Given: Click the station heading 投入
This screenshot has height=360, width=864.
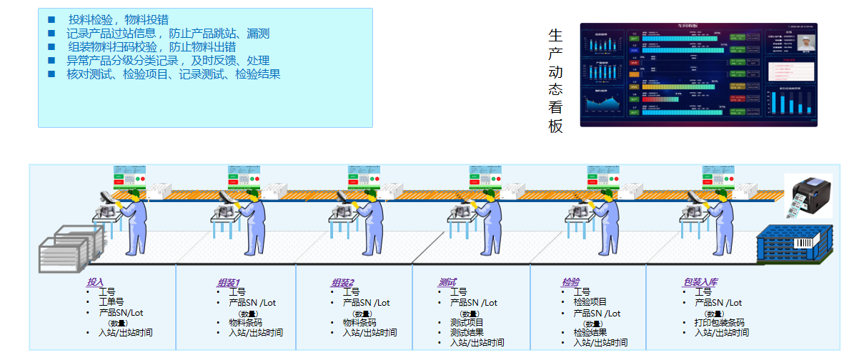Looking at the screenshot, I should pos(95,282).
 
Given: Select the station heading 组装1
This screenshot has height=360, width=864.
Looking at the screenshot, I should pos(229,283).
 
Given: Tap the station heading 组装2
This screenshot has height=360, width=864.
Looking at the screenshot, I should pos(342,283).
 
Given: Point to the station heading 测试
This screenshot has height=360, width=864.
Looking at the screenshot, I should pos(447,283).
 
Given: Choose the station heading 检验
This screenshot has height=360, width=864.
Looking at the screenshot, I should pos(570,283).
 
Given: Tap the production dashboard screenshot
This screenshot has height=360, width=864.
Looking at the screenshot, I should pos(698,75).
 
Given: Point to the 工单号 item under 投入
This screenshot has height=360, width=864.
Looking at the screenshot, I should pos(111,302).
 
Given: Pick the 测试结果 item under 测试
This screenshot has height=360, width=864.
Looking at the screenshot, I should pos(467,332).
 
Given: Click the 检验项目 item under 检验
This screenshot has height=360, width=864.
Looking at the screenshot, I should pos(590,302).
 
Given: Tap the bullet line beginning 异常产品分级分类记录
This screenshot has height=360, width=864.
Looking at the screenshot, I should pos(167,60).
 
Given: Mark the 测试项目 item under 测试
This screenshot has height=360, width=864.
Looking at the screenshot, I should pos(467,322).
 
